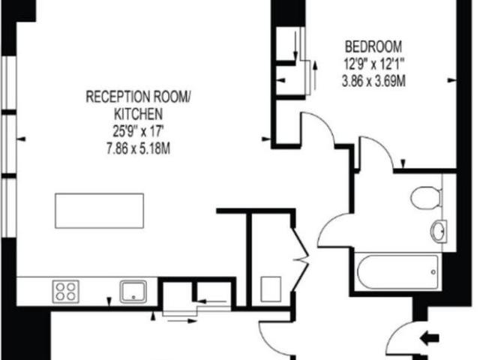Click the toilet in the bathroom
[x=425, y=197]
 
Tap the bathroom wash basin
[x=438, y=230]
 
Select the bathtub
[x=397, y=271]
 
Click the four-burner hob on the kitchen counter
[x=65, y=290]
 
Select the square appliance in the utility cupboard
[x=271, y=288]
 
